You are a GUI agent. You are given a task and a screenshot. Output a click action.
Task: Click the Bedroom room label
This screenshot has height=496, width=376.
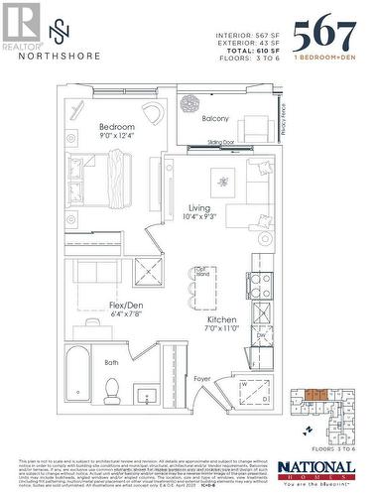click(116, 127)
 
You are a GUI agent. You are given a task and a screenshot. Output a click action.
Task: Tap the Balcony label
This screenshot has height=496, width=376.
click(215, 118)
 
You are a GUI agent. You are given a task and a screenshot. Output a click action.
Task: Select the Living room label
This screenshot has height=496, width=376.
click(198, 208)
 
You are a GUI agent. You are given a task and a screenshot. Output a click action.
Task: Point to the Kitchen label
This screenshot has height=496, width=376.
click(220, 320)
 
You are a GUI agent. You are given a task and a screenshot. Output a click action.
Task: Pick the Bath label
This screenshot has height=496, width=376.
click(112, 362)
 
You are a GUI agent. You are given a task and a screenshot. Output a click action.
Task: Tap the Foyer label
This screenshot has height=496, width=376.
click(201, 378)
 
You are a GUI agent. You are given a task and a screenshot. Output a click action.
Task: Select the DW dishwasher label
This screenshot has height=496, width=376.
click(259, 336)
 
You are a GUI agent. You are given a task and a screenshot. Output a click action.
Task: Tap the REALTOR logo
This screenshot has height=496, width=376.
click(22, 25)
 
